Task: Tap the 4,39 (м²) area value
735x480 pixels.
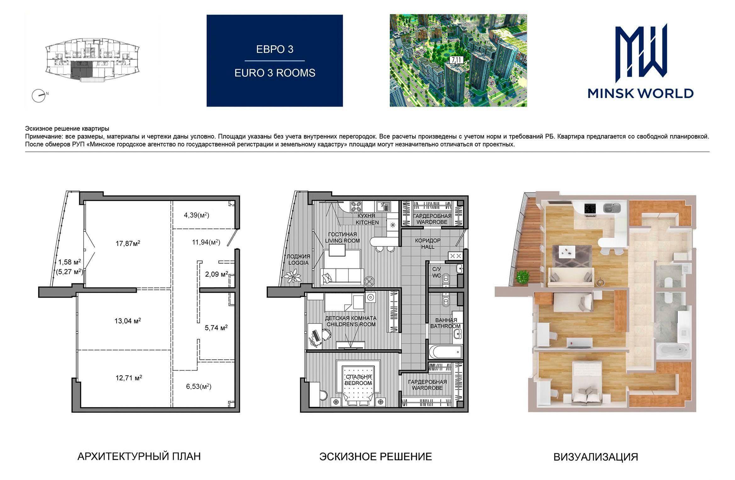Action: (x=196, y=215)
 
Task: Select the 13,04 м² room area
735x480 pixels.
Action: (x=128, y=321)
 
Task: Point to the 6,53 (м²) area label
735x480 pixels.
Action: (x=199, y=387)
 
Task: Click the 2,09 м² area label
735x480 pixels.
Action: (x=217, y=274)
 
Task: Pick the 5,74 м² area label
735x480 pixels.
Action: (x=216, y=328)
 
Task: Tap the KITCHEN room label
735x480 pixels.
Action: (x=367, y=222)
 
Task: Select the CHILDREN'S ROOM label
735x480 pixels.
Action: (x=351, y=324)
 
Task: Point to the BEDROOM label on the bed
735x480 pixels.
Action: (x=358, y=383)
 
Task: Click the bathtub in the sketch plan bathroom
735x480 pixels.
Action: (x=445, y=352)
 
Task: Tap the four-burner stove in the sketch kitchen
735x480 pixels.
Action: (x=356, y=206)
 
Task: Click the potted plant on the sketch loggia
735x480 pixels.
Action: (x=292, y=278)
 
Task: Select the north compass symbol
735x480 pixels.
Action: (x=38, y=96)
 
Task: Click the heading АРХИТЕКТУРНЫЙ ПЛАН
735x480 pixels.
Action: (x=139, y=456)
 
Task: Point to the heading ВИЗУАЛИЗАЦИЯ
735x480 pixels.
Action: (x=596, y=457)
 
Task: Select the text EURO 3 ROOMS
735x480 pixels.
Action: (x=275, y=73)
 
